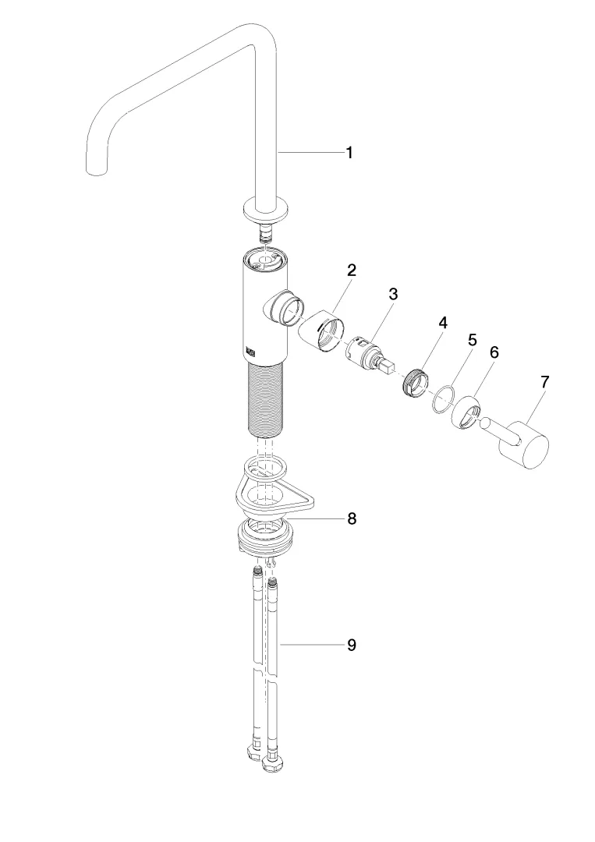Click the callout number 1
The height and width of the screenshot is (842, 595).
pyautogui.click(x=349, y=153)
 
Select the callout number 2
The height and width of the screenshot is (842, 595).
pyautogui.click(x=351, y=270)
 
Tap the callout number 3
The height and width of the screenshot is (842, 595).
pyautogui.click(x=394, y=294)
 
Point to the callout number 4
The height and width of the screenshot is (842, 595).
pyautogui.click(x=442, y=323)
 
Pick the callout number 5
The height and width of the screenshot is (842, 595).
pyautogui.click(x=472, y=341)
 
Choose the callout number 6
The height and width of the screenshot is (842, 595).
pyautogui.click(x=494, y=352)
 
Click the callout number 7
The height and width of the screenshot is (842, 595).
pyautogui.click(x=545, y=382)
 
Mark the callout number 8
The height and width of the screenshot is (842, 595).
pyautogui.click(x=352, y=518)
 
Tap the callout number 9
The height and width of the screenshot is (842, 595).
pyautogui.click(x=352, y=645)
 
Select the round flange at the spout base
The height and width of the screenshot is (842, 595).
pyautogui.click(x=267, y=210)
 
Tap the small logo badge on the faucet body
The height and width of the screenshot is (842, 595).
pyautogui.click(x=251, y=351)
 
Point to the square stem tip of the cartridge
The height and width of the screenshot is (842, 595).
pyautogui.click(x=388, y=366)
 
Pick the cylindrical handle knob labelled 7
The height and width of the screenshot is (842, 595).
pyautogui.click(x=524, y=445)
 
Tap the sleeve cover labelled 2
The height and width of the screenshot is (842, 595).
pyautogui.click(x=321, y=331)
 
